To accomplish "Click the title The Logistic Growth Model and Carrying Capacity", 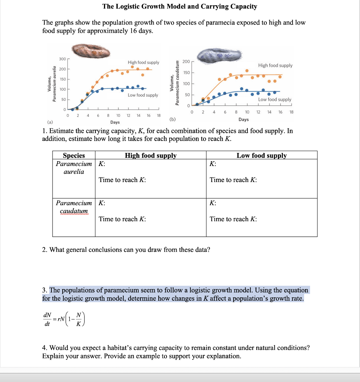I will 180,6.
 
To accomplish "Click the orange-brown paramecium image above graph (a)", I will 91,51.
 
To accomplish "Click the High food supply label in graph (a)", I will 143,62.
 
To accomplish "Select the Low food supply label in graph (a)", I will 143,95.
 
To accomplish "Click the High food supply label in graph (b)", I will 275,65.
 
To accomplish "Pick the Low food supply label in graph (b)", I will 275,99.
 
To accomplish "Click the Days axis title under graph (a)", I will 115,122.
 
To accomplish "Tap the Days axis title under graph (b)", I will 243,119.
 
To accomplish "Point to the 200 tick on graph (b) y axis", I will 187,62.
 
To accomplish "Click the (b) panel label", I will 172,119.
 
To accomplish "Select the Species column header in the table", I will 74,156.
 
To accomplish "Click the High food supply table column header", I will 151,156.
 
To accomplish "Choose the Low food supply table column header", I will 262,156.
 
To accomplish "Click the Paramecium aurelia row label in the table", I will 74,168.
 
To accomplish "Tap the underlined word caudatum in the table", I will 74,211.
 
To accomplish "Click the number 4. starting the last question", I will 45,348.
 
